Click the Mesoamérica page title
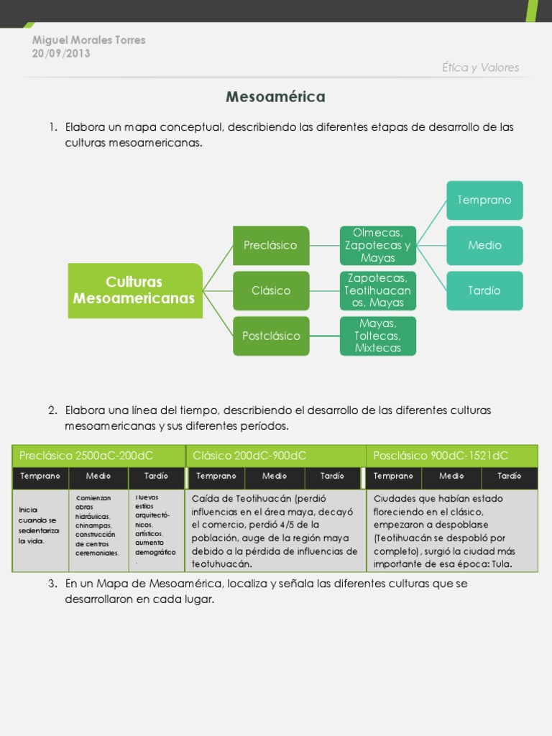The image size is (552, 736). point(275,96)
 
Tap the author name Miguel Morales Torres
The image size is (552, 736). point(89,40)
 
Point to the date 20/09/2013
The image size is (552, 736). point(61,53)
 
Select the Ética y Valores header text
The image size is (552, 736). point(480,68)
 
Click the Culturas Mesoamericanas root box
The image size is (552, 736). point(135,290)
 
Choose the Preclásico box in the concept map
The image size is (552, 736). point(271,245)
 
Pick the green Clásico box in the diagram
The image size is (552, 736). point(271,290)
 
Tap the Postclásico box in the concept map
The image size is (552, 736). point(271,336)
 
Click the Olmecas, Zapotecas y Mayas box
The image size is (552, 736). point(378,245)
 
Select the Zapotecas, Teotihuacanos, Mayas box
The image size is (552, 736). point(378,290)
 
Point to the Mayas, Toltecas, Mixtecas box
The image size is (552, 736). point(378,336)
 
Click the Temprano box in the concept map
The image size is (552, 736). point(484,200)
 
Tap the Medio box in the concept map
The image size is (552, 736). point(484,245)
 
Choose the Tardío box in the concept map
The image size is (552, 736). point(484,290)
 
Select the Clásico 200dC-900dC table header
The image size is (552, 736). point(276,456)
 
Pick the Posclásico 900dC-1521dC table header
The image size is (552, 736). point(451,456)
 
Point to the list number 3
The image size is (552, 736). point(52,584)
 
